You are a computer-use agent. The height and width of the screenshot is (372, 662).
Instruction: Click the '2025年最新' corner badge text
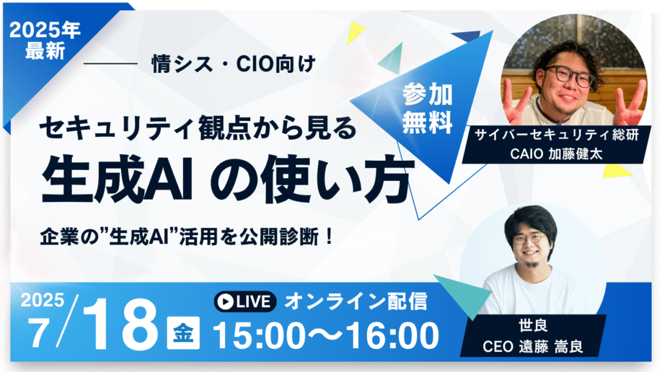45,41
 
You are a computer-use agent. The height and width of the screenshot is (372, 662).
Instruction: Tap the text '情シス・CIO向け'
233,64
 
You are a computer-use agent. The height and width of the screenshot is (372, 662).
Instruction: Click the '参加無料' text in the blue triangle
427,108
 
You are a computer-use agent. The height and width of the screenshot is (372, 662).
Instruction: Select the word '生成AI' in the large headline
117,180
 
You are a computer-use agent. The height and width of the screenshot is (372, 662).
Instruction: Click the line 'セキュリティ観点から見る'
198,127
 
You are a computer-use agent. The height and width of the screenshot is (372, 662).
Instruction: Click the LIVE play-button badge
245,302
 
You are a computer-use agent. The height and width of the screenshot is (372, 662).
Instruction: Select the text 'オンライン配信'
356,302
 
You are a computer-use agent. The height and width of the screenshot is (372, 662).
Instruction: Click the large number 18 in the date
120,325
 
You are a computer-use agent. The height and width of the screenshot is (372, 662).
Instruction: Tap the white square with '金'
183,333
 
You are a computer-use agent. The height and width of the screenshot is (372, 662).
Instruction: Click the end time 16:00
392,336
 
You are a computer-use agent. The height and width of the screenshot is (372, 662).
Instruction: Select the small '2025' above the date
43,300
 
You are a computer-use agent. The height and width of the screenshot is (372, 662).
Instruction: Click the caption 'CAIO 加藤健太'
556,154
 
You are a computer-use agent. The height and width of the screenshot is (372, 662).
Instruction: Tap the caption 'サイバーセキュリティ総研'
557,135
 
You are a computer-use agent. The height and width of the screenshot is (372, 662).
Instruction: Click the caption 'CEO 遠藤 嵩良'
533,346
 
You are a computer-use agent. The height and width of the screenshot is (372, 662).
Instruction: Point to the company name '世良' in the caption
533,325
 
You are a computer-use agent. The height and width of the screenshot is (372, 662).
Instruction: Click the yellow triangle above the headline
354,32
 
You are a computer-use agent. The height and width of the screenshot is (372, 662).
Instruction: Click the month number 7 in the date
38,334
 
